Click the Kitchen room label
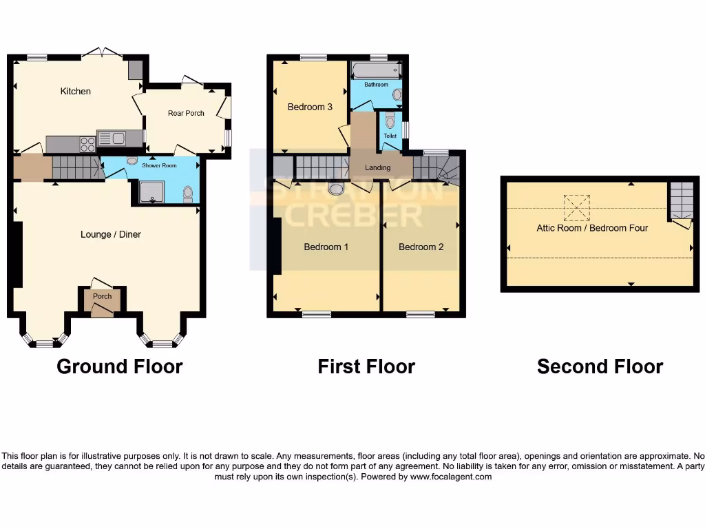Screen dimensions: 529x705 click(x=75, y=91)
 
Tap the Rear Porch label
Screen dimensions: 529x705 click(x=186, y=113)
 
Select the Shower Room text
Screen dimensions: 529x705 click(x=159, y=165)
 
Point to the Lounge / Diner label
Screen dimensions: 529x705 click(x=110, y=234)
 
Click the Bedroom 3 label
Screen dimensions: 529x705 click(x=310, y=107)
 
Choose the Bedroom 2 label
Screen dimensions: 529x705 click(x=421, y=247)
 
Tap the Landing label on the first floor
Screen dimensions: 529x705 click(x=377, y=167)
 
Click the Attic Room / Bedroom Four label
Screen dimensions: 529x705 click(x=592, y=228)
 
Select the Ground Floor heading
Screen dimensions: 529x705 click(x=119, y=366)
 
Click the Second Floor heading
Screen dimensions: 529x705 click(x=600, y=366)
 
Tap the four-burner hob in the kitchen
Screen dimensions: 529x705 click(x=88, y=144)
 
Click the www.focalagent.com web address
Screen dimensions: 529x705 click(x=451, y=477)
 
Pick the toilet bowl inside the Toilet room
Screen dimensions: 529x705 click(x=390, y=123)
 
